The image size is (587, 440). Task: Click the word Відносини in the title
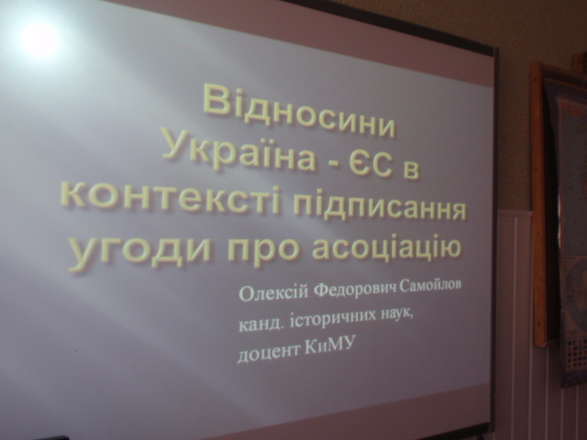[300, 112]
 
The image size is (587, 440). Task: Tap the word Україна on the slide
[239, 153]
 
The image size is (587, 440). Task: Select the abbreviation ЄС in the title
[370, 165]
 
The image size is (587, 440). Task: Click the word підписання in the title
[379, 209]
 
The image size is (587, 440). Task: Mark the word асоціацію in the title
[387, 246]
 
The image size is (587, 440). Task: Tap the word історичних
[328, 320]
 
